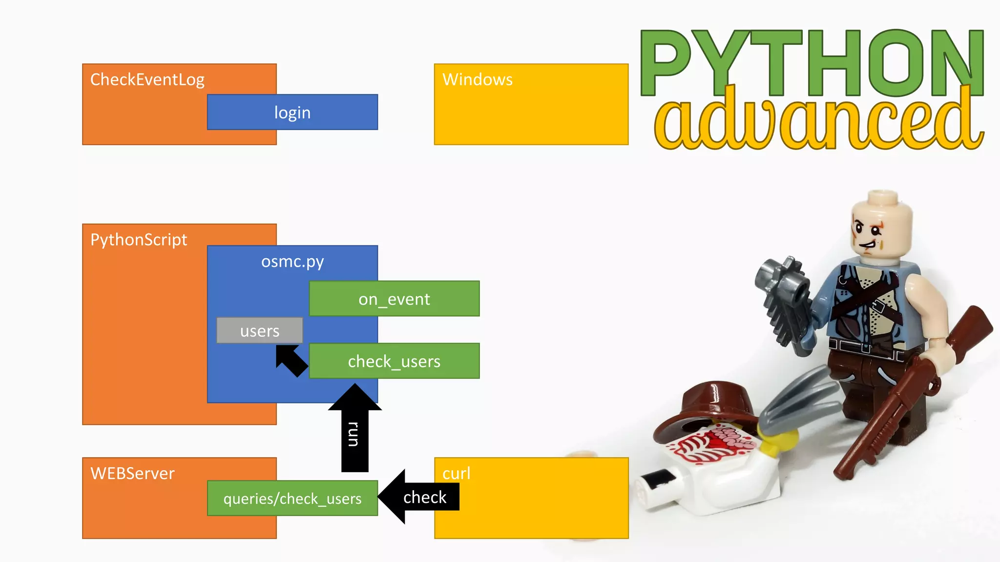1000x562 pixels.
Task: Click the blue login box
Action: pos(292,112)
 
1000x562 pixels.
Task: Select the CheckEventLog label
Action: pos(147,80)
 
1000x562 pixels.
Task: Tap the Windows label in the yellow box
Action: pos(477,80)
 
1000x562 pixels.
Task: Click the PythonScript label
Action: pos(139,240)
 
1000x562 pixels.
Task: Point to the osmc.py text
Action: pos(292,261)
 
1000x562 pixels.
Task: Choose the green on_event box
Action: pos(394,299)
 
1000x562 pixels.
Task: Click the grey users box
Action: pos(259,331)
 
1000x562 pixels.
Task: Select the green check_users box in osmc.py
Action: pos(394,361)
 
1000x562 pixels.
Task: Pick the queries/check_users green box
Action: pos(292,498)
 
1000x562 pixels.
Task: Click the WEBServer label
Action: pos(132,473)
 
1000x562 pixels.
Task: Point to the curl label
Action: pos(456,473)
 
